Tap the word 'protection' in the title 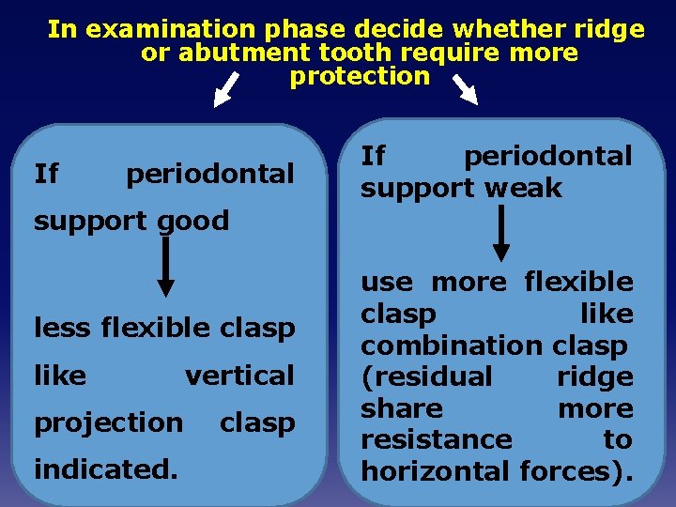[360, 77]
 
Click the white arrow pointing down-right [466, 90]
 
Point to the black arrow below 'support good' [165, 267]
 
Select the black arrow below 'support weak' [501, 232]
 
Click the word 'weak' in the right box [524, 188]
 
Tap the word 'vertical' [239, 376]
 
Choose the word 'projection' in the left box [108, 422]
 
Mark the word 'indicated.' [105, 467]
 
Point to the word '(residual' [426, 376]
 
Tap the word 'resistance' [437, 439]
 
